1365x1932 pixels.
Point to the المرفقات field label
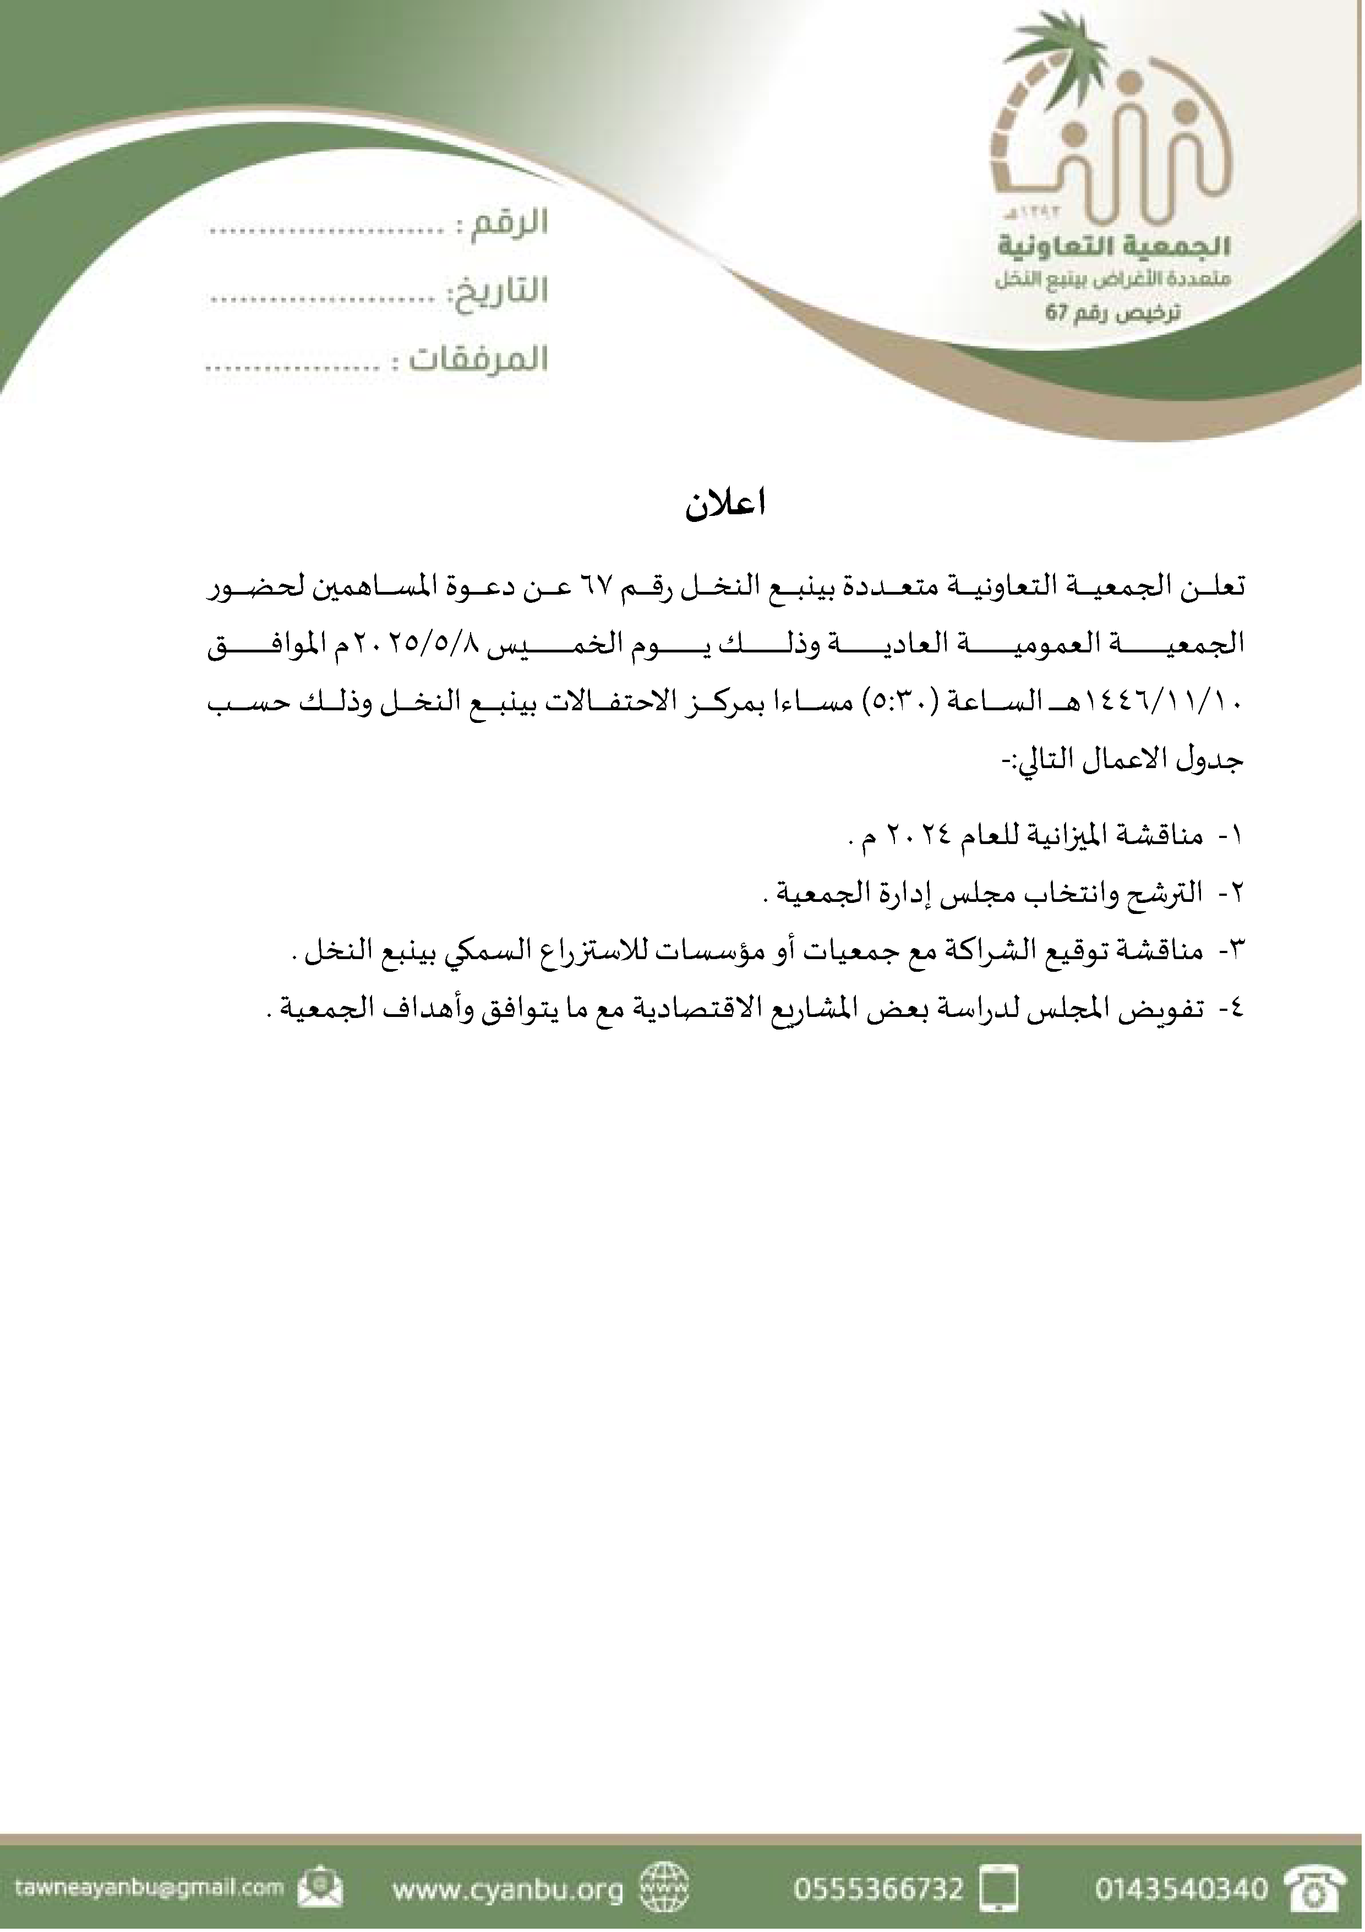478,360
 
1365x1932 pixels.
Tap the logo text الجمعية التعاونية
1115,247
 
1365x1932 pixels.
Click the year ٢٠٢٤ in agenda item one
924,836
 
